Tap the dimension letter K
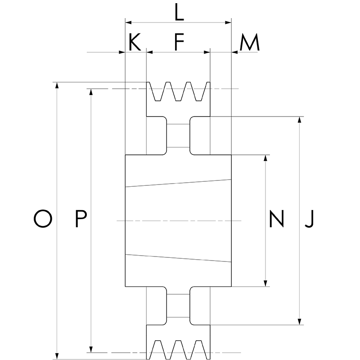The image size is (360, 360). point(135,42)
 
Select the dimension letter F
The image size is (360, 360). point(179,42)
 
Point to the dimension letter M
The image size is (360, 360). point(249,43)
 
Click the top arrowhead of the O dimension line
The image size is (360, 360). point(57,85)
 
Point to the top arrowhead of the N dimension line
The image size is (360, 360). point(266,158)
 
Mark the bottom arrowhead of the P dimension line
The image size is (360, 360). point(91,349)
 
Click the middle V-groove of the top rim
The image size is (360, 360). point(178,92)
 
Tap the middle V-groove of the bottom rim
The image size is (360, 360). point(178,349)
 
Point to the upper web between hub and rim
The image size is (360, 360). point(178,135)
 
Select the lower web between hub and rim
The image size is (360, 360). point(178,306)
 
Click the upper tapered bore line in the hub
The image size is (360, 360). point(178,183)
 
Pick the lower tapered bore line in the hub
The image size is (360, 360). point(178,258)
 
